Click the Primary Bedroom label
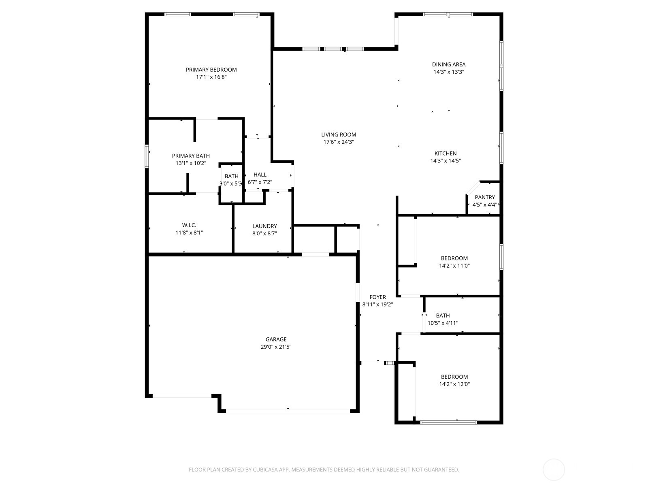(x=211, y=70)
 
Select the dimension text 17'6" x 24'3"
(x=339, y=142)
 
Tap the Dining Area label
(x=448, y=64)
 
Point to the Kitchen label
(x=446, y=153)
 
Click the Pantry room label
(x=485, y=198)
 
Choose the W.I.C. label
(x=189, y=226)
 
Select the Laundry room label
(x=264, y=226)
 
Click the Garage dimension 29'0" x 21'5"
(x=276, y=347)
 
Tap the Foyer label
(x=377, y=297)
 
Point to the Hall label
(x=260, y=175)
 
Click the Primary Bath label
(x=191, y=156)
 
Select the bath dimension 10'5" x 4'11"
(x=443, y=323)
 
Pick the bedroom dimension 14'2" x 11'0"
(x=454, y=266)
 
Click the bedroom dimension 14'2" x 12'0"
(x=454, y=384)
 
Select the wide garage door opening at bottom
(x=288, y=411)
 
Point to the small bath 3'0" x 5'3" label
(x=231, y=177)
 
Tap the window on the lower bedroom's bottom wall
(x=448, y=422)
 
